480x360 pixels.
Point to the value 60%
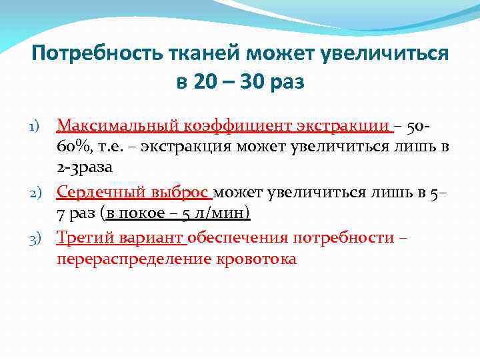pos(73,146)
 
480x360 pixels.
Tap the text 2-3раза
pos(84,167)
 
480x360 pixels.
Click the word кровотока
pos(255,258)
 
